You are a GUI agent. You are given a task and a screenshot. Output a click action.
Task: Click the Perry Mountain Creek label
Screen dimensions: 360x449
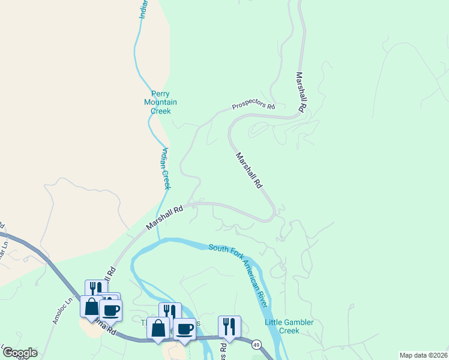click(160, 102)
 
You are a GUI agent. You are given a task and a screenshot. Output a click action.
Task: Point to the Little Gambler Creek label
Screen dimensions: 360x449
click(289, 326)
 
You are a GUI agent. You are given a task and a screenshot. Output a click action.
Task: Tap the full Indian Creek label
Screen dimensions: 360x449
click(165, 169)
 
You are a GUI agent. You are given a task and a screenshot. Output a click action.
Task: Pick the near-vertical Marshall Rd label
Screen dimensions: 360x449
click(301, 93)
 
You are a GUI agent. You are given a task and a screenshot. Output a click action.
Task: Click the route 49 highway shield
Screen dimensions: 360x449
click(256, 344)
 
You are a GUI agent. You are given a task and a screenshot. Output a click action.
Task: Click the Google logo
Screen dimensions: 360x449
click(19, 352)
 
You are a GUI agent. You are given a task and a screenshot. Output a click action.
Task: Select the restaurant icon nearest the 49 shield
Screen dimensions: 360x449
click(229, 326)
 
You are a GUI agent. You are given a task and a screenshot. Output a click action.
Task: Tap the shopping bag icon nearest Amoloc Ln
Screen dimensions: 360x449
click(91, 306)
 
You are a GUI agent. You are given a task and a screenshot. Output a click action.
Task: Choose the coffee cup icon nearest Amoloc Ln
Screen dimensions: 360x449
click(110, 310)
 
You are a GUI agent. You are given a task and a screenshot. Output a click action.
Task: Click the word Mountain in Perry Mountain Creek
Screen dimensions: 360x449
click(160, 102)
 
